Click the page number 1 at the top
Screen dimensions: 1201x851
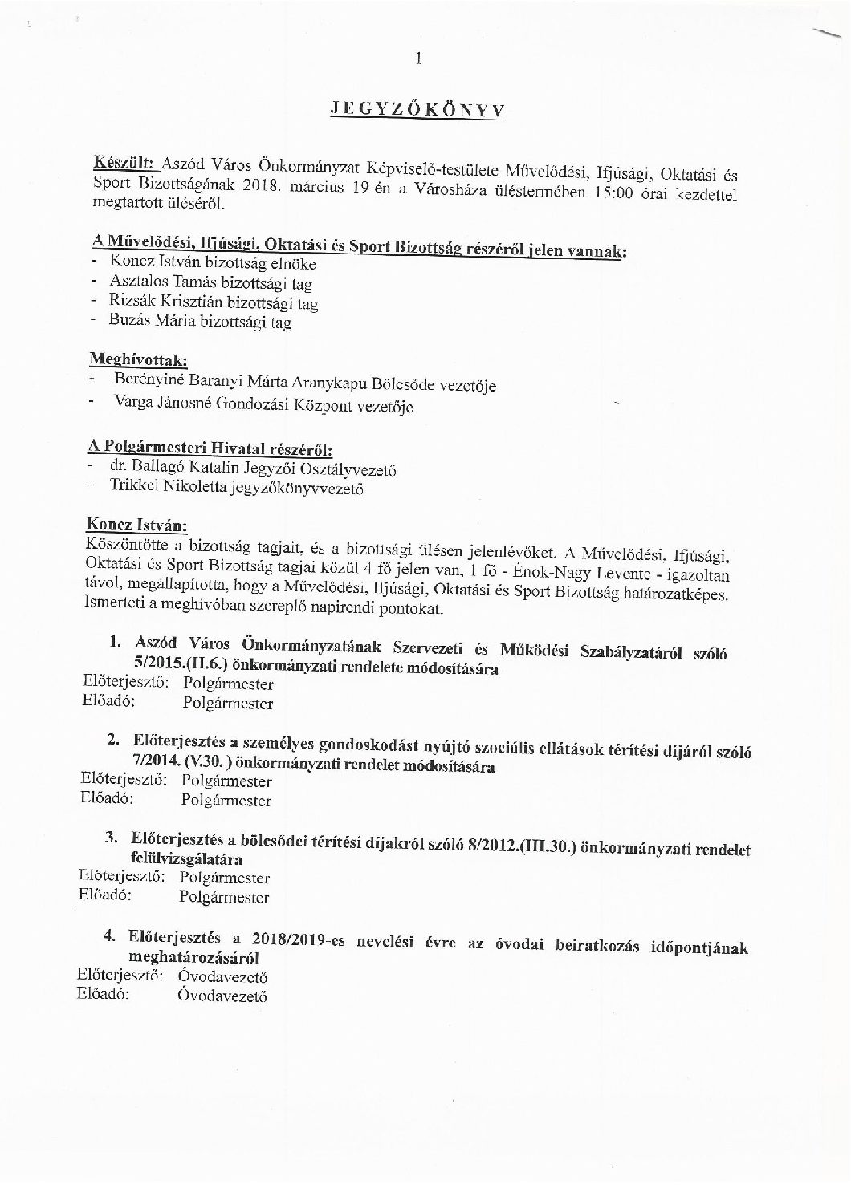click(x=419, y=57)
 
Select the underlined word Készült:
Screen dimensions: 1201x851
click(x=124, y=163)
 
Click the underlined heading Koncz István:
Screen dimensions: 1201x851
click(x=136, y=526)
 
